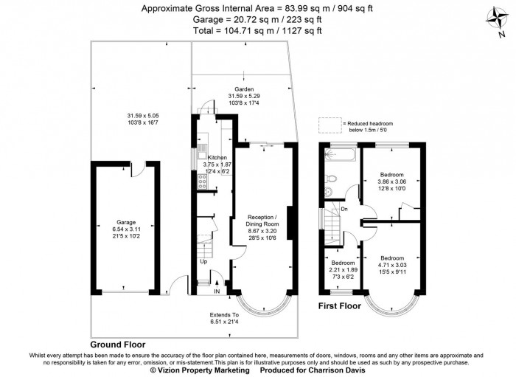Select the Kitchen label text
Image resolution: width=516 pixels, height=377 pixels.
[x=217, y=158]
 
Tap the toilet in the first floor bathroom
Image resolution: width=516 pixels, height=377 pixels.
[x=332, y=179]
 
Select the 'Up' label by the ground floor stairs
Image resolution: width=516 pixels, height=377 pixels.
[x=203, y=261]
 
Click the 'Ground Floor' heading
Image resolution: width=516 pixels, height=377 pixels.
[x=117, y=345]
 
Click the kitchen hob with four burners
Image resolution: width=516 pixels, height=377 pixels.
[x=201, y=179]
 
